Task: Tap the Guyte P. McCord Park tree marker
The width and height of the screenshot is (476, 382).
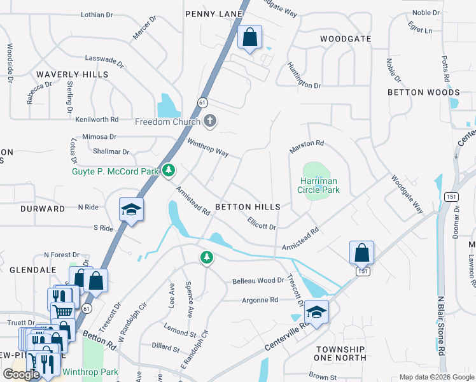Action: (x=168, y=170)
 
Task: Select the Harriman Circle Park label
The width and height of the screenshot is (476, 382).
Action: (x=319, y=185)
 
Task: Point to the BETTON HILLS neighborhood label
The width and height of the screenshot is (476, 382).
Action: (x=248, y=208)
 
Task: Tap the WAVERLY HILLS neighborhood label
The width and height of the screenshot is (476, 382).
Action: (x=72, y=74)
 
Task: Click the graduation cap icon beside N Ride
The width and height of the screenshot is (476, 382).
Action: (x=131, y=210)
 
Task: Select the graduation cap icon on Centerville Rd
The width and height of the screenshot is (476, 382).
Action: (x=316, y=312)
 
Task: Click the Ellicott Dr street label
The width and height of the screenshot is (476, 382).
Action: (x=262, y=223)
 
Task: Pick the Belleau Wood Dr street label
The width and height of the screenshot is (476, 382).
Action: (x=258, y=281)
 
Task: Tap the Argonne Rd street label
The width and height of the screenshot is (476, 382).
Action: (x=260, y=300)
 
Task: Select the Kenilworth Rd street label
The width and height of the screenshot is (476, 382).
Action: (x=97, y=119)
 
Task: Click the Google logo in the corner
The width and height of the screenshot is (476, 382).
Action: (x=22, y=374)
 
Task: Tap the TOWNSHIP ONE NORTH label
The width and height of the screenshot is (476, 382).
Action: (x=340, y=354)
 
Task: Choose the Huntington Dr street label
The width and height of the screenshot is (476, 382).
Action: (x=304, y=76)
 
